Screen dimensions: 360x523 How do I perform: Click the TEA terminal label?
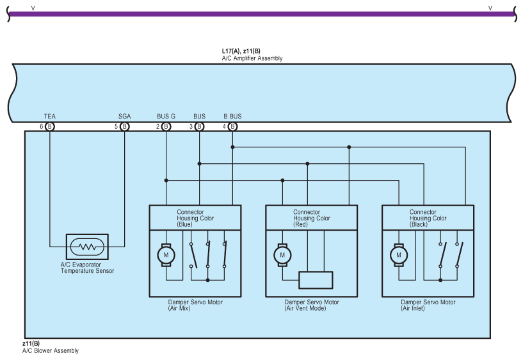coord(49,117)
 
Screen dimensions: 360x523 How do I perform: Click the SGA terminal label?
coord(124,117)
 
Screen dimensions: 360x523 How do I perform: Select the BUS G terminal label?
coord(166,117)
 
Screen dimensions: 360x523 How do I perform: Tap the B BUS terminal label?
coord(232,117)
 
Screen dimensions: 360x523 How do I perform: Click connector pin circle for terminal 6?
coord(50,127)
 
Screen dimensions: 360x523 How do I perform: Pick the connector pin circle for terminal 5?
coord(124,127)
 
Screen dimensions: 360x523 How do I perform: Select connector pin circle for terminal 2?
coord(166,127)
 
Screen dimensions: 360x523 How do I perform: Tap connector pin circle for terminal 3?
coord(199,127)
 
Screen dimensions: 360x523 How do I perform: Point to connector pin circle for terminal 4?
coord(232,127)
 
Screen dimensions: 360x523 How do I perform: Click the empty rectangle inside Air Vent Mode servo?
coord(316,281)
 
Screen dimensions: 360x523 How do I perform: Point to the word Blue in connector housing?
coord(184,224)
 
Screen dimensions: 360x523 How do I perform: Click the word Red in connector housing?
coord(301,224)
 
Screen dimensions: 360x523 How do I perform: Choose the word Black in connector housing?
coord(419,224)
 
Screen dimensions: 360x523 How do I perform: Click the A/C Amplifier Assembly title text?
coord(252,58)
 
